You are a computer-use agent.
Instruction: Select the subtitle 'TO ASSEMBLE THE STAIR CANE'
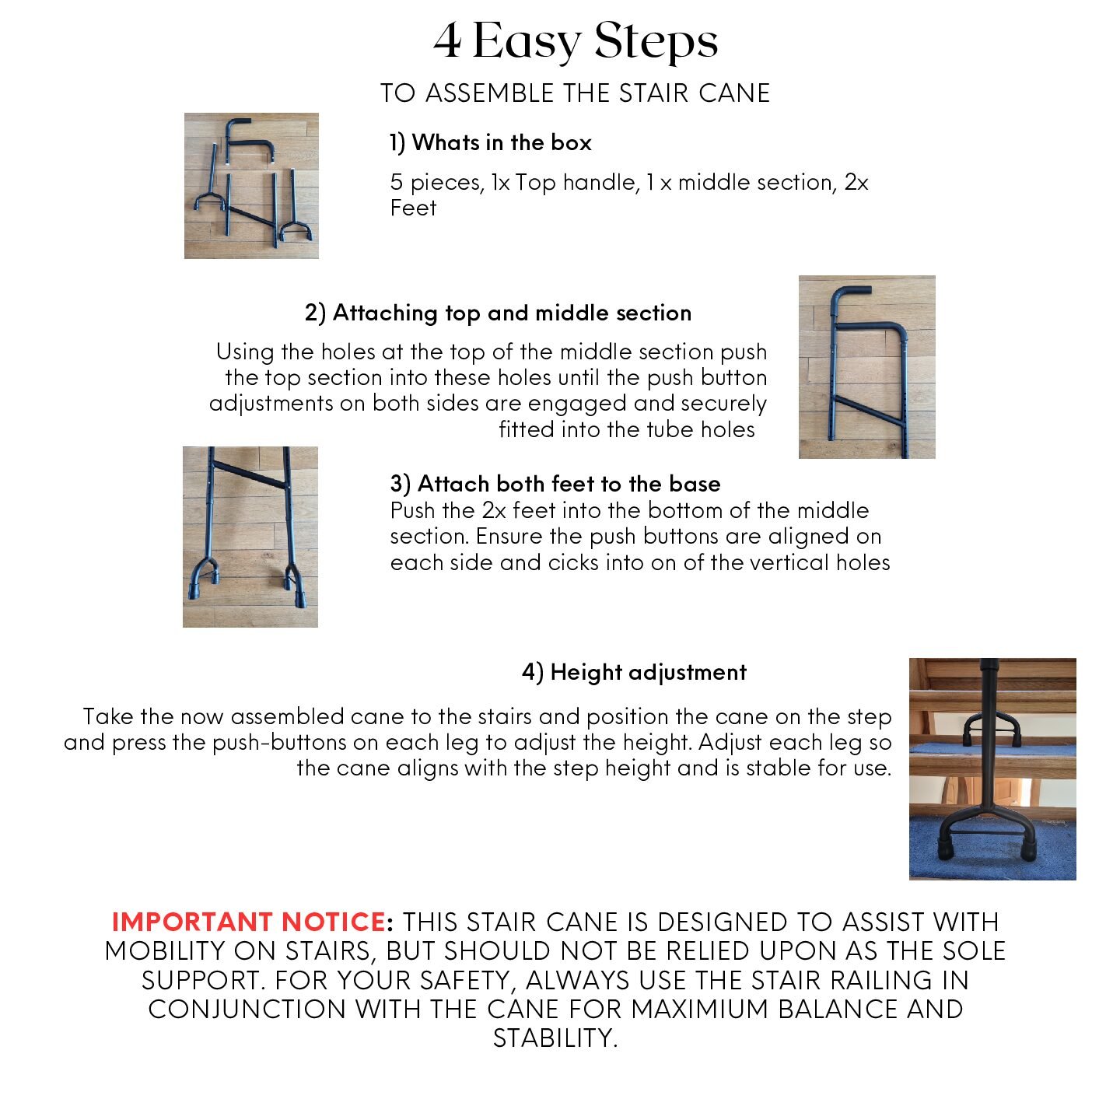(x=575, y=93)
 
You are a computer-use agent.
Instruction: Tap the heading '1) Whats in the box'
(x=490, y=143)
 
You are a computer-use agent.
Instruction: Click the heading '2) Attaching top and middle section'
(x=498, y=313)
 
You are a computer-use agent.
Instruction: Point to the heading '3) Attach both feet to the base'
(x=555, y=484)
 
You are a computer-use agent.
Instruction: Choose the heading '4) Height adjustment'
(x=634, y=672)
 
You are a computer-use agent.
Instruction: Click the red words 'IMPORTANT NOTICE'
(x=249, y=922)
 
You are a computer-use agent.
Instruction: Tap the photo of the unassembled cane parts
(x=251, y=186)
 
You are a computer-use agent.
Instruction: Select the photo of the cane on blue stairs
(x=992, y=769)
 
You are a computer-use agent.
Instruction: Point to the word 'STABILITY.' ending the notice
(x=555, y=1038)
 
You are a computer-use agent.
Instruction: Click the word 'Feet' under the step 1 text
(x=413, y=208)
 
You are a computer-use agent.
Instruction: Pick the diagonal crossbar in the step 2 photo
(x=868, y=411)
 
